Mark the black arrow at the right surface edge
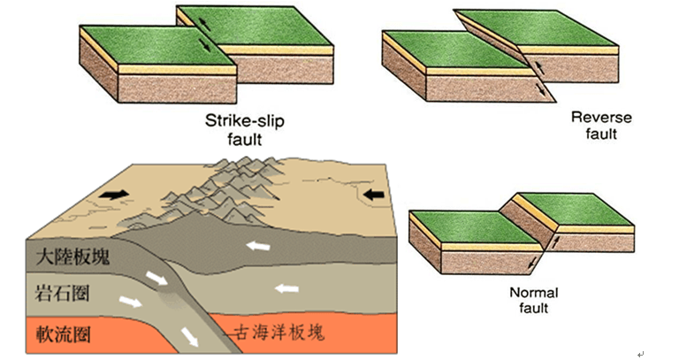tap(374, 194)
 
